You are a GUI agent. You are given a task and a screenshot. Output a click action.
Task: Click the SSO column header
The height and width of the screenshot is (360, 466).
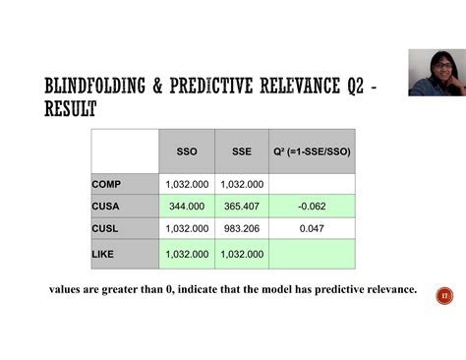(x=186, y=152)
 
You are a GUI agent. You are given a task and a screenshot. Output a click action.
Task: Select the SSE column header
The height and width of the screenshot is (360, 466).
(x=241, y=152)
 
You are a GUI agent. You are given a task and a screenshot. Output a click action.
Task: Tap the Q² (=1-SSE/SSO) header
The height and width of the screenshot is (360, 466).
(x=312, y=152)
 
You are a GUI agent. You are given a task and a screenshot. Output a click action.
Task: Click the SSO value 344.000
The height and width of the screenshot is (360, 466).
(x=187, y=207)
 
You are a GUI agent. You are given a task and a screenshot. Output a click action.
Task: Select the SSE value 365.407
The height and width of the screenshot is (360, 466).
(x=242, y=207)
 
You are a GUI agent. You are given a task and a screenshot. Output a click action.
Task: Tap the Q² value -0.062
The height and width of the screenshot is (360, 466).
(x=312, y=207)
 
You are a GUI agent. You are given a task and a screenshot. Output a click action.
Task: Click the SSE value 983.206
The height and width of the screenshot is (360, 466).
(x=242, y=228)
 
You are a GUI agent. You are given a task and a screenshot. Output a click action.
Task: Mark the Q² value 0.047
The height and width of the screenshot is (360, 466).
(x=312, y=228)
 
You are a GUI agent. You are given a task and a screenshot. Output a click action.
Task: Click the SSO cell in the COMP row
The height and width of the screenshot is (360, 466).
(x=186, y=184)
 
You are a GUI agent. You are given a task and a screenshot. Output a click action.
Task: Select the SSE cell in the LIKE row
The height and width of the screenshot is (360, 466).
(x=242, y=254)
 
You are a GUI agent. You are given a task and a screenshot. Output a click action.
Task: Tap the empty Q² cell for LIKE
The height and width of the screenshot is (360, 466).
(x=312, y=254)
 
